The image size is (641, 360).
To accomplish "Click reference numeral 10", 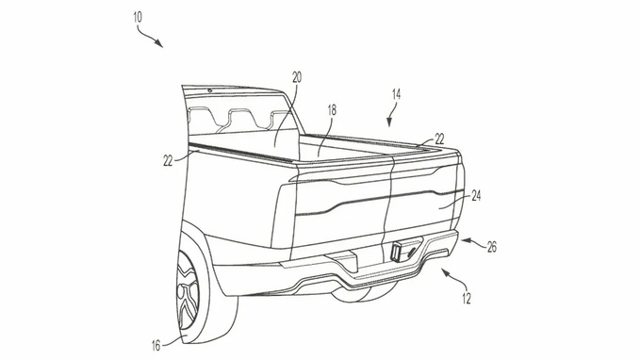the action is [x=138, y=18].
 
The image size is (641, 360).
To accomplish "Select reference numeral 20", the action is [x=297, y=77].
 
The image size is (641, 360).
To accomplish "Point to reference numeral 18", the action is [x=332, y=110].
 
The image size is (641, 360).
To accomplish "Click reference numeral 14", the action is [x=396, y=95].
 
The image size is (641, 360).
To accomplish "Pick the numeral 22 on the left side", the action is [x=168, y=161].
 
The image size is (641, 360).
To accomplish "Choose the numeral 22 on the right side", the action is [x=439, y=139].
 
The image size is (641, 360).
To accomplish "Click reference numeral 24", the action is [x=476, y=197].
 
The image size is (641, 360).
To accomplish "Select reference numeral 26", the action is [x=492, y=247].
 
